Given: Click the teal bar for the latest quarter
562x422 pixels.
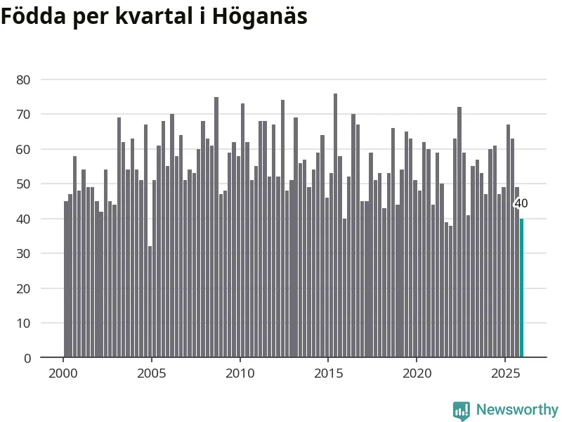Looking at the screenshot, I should (521, 288).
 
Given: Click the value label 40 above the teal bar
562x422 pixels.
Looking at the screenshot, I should (521, 204).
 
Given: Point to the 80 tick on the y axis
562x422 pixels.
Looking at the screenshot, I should (24, 79).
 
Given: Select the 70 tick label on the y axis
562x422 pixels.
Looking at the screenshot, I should (24, 114).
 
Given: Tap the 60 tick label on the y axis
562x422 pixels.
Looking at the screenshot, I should (24, 149).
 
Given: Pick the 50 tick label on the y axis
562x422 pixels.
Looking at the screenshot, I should (24, 184).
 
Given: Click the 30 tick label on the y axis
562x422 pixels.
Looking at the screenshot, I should (24, 253).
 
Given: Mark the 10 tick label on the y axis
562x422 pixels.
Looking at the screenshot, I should (24, 323).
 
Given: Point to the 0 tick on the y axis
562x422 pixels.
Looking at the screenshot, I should (27, 358).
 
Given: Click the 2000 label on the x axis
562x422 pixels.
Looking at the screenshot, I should (63, 372).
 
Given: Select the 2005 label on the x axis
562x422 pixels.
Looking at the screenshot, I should (152, 372).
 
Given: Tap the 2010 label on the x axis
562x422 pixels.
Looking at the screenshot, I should (240, 372).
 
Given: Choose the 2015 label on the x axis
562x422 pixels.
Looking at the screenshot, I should (328, 372).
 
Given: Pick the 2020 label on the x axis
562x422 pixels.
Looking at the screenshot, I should (417, 372).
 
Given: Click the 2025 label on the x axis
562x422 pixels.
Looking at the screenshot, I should (504, 372).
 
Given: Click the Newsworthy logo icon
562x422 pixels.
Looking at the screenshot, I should (462, 410).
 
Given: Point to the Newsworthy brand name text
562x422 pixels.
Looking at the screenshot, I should (517, 409).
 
